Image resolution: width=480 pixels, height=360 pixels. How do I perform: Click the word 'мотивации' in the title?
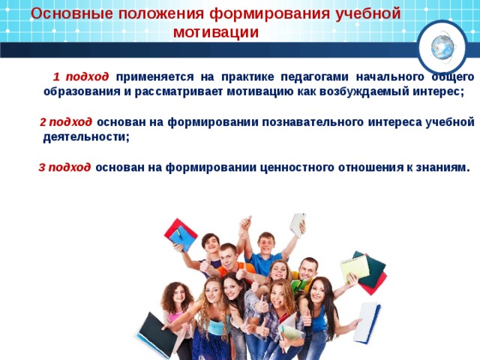(x=215, y=32)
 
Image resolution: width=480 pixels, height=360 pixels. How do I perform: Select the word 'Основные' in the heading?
(x=65, y=13)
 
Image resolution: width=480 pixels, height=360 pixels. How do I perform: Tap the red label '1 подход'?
(x=81, y=77)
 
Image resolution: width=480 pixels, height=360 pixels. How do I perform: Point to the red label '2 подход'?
(x=66, y=122)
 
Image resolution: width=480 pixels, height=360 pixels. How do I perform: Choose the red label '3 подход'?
(x=64, y=167)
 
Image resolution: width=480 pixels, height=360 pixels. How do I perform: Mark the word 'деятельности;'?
(x=86, y=136)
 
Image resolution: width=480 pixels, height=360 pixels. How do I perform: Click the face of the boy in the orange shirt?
(x=229, y=256)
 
